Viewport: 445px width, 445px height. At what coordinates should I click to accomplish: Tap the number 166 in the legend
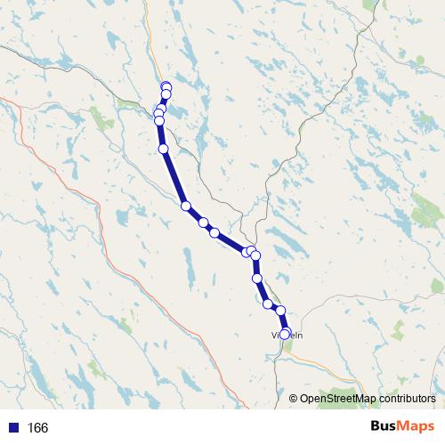coord(37,428)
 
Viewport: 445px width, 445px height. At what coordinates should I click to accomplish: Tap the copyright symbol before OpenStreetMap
coord(294,399)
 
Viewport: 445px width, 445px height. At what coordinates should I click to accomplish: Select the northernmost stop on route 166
coord(166,86)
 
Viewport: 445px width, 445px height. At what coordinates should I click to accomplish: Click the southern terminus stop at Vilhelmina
coord(285,335)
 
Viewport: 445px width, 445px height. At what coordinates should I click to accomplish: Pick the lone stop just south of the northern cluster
coord(163,149)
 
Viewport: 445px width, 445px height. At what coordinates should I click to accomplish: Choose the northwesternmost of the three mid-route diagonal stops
coord(186,206)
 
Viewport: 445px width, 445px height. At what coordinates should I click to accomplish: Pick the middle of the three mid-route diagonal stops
coord(203,222)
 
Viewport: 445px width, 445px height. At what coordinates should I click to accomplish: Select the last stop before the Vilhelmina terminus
coord(280,311)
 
